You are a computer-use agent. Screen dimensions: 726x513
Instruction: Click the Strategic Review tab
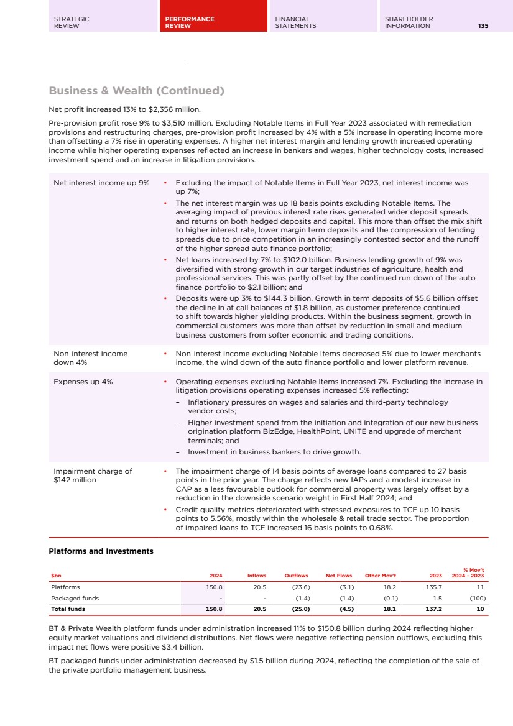click(x=72, y=22)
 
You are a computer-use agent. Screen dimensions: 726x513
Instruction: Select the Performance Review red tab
click(x=189, y=22)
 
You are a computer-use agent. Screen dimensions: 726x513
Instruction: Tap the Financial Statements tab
click(x=295, y=22)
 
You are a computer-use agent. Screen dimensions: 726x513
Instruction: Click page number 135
click(x=483, y=26)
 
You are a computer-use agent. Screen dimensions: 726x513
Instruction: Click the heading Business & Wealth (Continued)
click(x=136, y=91)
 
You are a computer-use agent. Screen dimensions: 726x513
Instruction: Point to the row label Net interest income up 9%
click(x=101, y=183)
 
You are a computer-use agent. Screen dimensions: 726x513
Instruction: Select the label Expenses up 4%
click(x=83, y=382)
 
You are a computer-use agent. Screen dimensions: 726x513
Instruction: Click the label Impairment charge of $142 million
click(x=93, y=476)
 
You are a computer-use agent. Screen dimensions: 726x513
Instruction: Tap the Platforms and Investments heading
click(x=101, y=551)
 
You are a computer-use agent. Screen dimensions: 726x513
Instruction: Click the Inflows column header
click(x=257, y=576)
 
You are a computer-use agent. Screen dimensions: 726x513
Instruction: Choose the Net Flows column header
click(x=339, y=576)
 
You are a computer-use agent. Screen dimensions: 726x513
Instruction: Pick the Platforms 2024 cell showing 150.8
click(x=215, y=587)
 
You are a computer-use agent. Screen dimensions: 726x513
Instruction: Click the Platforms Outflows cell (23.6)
click(x=299, y=587)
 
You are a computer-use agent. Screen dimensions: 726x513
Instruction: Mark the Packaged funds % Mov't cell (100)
click(x=476, y=598)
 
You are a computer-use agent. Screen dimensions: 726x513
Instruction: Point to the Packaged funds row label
click(x=75, y=598)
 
